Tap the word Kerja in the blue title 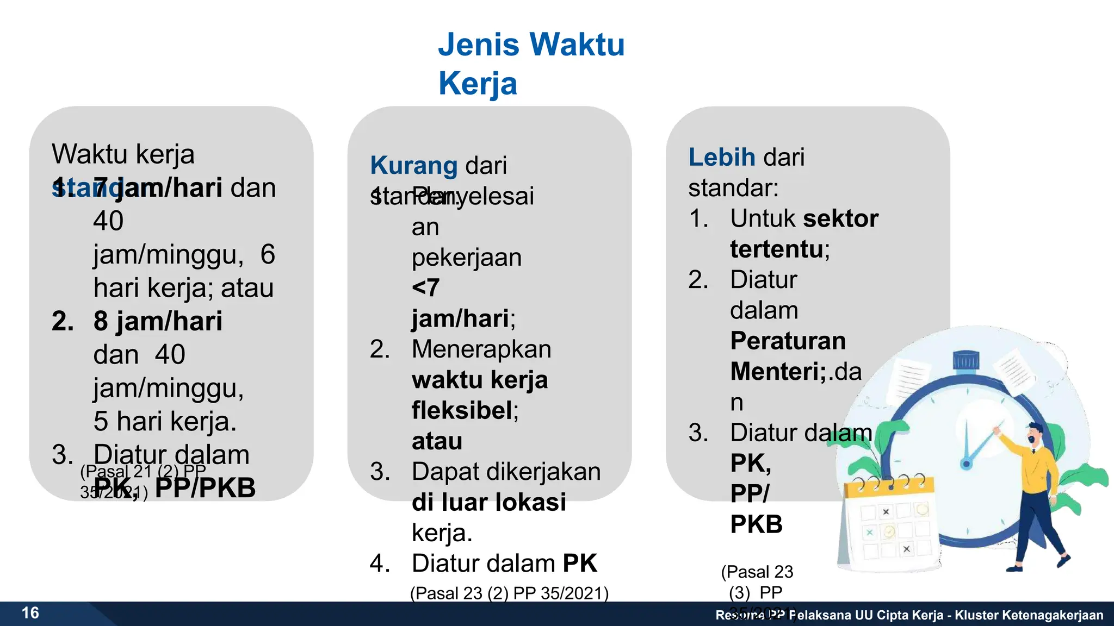[478, 84]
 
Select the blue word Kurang [413, 165]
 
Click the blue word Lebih [722, 157]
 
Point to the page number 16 [30, 613]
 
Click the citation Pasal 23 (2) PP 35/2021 [509, 593]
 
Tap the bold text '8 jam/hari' [158, 321]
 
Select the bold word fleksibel [462, 410]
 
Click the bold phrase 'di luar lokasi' [488, 502]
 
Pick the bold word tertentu [776, 249]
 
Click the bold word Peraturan [788, 341]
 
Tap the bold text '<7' [425, 287]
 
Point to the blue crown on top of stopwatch [966, 360]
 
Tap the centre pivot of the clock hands [966, 464]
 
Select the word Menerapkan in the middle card [481, 349]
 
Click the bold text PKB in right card [756, 524]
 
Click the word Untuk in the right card [763, 218]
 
